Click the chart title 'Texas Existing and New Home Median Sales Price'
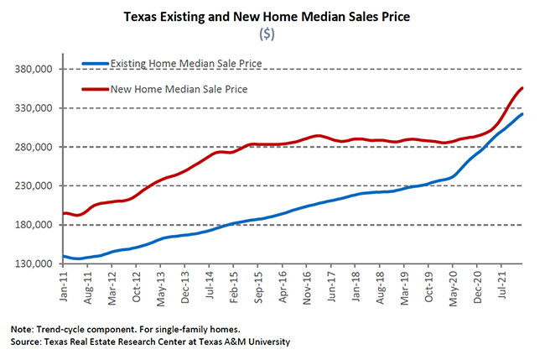click(x=273, y=16)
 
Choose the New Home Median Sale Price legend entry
click(x=179, y=88)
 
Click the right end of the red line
click(x=523, y=88)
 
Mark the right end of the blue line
click(x=523, y=114)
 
